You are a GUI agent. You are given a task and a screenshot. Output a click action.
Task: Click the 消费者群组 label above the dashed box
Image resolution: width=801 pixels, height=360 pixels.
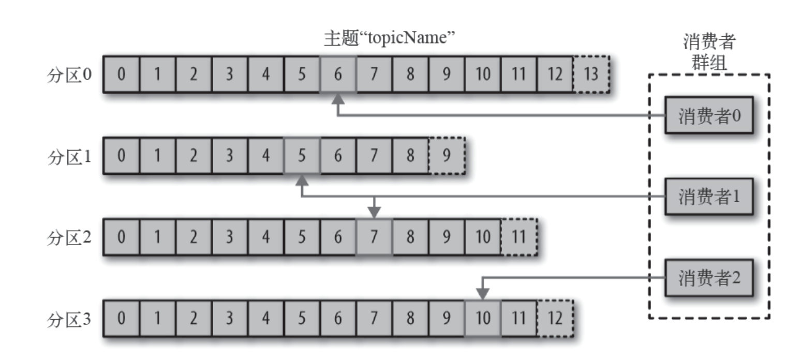[709, 52]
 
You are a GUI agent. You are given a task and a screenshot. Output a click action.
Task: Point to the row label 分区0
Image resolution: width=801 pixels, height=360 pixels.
[69, 74]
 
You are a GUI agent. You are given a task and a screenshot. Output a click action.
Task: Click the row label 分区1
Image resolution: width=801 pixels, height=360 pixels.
[69, 156]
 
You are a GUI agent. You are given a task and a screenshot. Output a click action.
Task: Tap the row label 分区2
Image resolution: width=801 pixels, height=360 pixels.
[69, 237]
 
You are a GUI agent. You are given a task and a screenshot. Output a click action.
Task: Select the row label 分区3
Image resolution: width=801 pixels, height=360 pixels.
[69, 319]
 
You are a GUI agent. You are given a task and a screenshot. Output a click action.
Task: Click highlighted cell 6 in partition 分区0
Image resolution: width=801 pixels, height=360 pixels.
[338, 74]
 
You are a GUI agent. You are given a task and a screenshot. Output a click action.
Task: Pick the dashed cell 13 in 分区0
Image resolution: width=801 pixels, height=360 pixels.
[591, 74]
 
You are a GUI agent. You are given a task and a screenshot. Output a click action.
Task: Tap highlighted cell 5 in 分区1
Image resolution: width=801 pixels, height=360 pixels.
[302, 156]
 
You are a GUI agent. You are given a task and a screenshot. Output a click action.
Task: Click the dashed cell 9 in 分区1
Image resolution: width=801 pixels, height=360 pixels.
[447, 156]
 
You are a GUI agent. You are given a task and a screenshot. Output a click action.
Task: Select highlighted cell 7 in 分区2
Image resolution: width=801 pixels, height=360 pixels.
[374, 237]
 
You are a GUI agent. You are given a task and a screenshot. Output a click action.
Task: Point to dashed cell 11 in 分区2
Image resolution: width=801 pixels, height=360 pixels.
[518, 237]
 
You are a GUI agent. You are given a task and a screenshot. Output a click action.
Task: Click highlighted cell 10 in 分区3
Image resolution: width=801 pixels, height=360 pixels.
[482, 319]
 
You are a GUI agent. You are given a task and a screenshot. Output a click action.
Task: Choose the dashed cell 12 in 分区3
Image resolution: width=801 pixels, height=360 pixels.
[555, 319]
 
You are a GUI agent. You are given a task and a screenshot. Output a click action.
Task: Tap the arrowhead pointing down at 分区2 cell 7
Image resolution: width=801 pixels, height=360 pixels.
[374, 213]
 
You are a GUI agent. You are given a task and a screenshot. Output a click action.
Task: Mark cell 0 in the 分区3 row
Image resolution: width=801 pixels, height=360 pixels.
[121, 319]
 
